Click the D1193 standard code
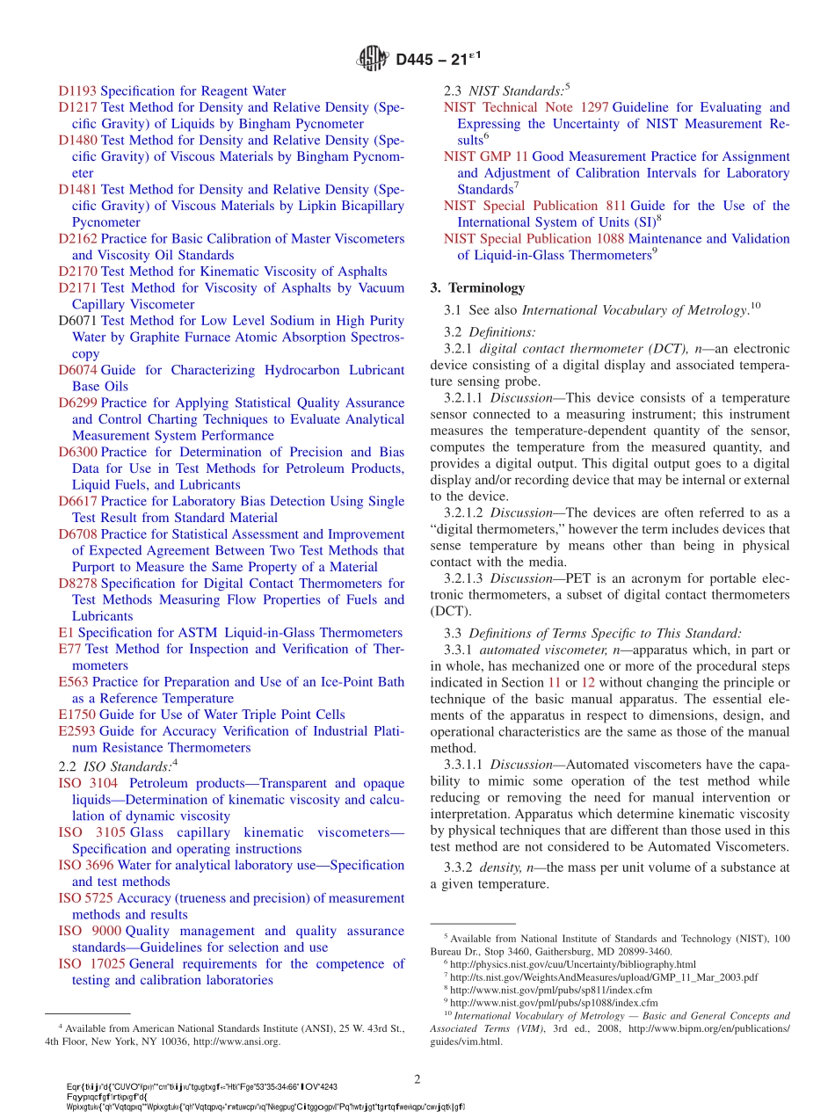point(77,91)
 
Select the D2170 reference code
point(77,272)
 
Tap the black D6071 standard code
point(77,321)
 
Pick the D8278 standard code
point(77,584)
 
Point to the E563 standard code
point(74,682)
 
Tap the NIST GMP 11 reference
point(485,156)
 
